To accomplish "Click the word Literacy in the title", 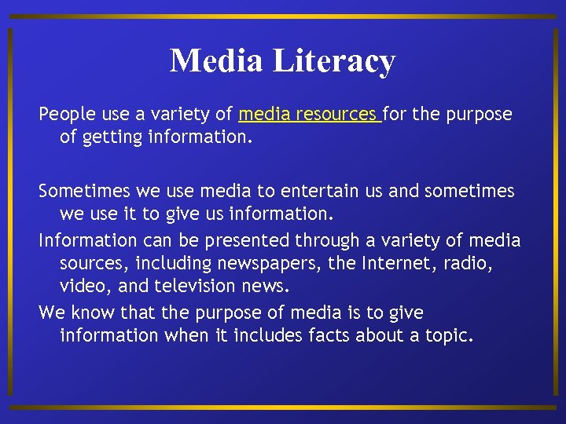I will (x=334, y=61).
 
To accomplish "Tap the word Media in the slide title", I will (x=217, y=61).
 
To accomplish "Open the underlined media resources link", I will (x=309, y=115).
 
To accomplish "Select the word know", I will (x=91, y=313).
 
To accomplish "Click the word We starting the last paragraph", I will (x=52, y=313).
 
